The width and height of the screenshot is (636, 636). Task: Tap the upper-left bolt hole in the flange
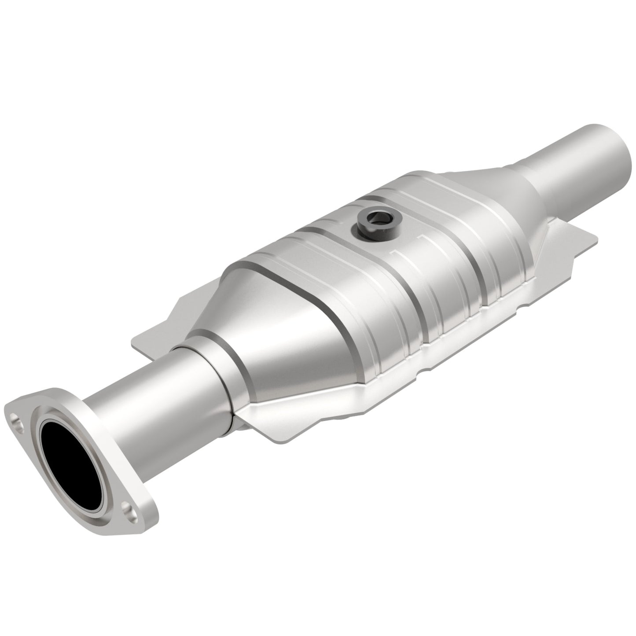(x=18, y=423)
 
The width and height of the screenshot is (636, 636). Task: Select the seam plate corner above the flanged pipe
(x=145, y=335)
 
